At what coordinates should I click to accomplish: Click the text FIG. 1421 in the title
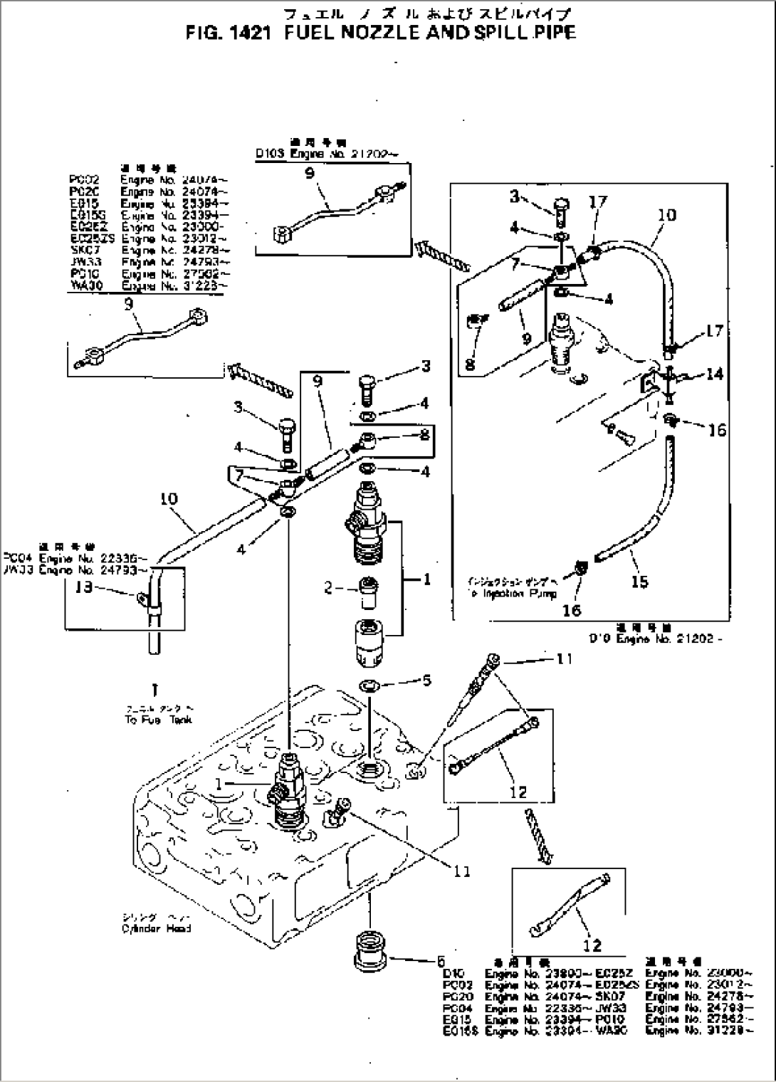[x=226, y=33]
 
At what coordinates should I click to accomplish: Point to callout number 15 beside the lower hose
[x=639, y=582]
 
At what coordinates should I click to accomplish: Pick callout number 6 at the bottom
[x=441, y=960]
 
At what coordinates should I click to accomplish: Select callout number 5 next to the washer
[x=426, y=681]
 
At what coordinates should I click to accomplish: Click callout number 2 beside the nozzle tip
[x=328, y=588]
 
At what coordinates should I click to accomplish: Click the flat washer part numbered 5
[x=369, y=686]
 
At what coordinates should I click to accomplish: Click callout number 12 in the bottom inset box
[x=592, y=945]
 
